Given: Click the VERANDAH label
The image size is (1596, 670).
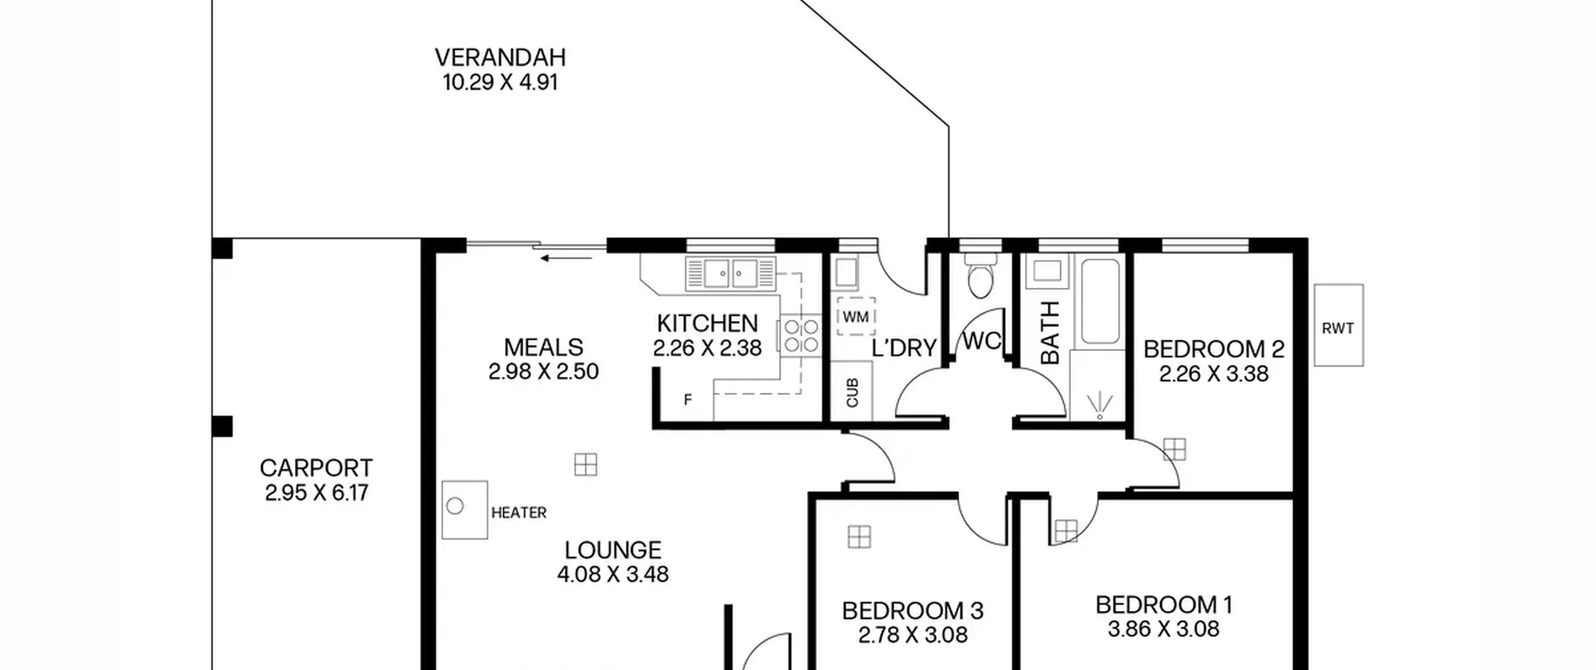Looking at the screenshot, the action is click(x=500, y=58).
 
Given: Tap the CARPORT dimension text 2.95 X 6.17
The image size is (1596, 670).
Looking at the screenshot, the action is click(x=317, y=493).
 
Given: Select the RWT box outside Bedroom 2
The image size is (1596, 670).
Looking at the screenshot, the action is click(x=1339, y=325).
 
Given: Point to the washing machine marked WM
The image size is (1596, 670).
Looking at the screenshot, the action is click(x=856, y=317).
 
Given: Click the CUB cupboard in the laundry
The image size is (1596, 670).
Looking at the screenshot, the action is click(x=852, y=391).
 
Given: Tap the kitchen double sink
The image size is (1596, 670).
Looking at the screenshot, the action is click(x=731, y=274).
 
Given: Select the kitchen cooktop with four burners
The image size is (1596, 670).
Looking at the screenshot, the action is click(x=800, y=336).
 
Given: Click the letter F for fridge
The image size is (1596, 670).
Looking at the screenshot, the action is click(x=688, y=400).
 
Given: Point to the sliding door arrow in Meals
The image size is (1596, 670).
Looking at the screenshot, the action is click(x=566, y=258).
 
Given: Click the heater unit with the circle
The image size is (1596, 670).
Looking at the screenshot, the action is click(x=464, y=509).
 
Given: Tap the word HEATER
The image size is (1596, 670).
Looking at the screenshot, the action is click(x=519, y=513).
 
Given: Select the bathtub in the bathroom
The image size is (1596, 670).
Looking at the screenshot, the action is click(x=1100, y=302).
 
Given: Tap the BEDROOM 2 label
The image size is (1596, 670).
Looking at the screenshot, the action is click(x=1213, y=349).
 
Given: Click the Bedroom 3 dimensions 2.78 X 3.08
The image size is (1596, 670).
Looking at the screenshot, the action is click(x=913, y=635).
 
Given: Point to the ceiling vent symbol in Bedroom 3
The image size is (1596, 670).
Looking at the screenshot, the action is click(x=859, y=537).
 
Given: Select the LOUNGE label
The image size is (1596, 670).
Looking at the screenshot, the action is click(x=613, y=550).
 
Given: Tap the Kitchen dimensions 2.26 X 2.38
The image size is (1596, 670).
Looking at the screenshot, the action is click(x=707, y=348).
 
